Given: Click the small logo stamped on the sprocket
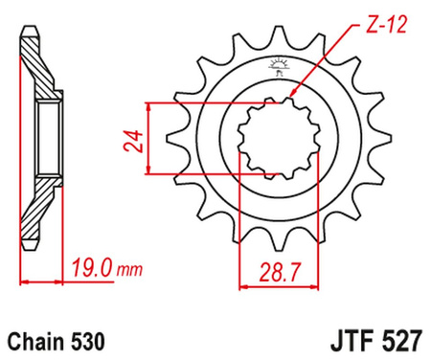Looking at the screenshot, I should [280, 66].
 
